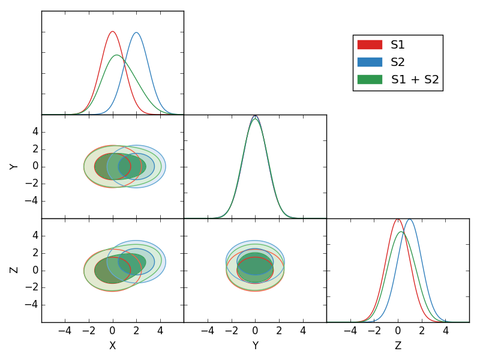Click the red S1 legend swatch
[370, 44]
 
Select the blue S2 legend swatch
[370, 62]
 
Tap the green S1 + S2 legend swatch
[370, 79]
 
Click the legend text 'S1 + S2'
[415, 79]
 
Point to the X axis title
[112, 346]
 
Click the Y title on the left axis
[14, 166]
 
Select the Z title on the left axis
[14, 270]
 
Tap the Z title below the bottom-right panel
[398, 346]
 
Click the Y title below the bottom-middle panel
[255, 346]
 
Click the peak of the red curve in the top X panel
[112, 31]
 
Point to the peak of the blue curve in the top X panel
[136, 32]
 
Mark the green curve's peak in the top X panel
[116, 55]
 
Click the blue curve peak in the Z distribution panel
[409, 219]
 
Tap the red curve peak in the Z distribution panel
[397, 218]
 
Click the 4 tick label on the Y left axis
[35, 131]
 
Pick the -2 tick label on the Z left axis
[33, 287]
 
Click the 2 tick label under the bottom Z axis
[421, 331]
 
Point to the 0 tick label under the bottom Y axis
[255, 331]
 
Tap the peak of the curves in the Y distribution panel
[255, 116]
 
